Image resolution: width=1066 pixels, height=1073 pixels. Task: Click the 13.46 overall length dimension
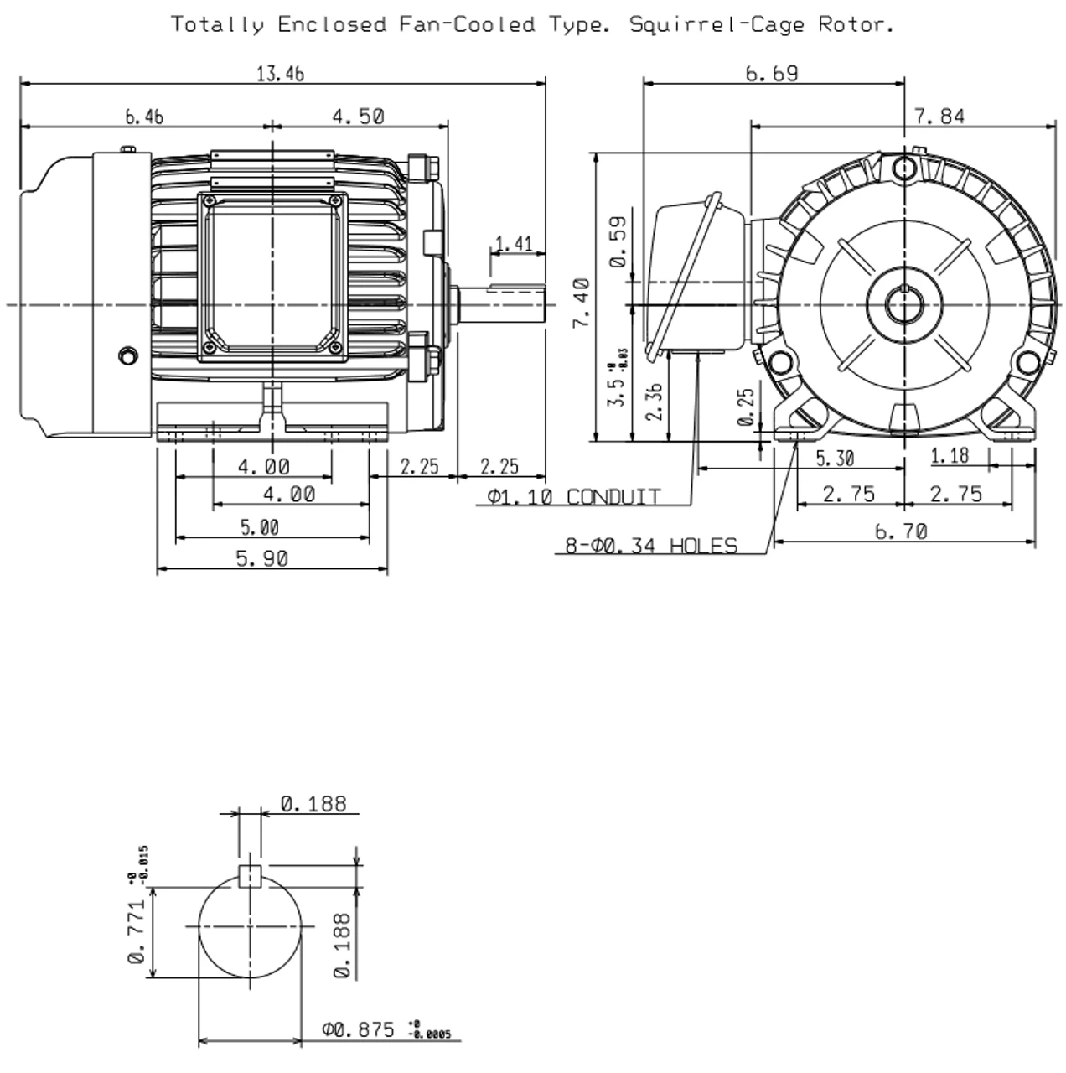[280, 74]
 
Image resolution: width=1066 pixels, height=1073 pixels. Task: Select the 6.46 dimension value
[144, 117]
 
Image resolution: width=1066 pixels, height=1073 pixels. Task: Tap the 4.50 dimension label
[358, 117]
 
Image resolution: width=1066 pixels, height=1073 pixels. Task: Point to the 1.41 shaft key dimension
[514, 244]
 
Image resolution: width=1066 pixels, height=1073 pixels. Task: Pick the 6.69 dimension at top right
[772, 74]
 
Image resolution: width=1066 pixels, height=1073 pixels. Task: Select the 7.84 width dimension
[939, 117]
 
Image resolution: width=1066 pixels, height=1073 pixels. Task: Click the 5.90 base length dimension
[261, 558]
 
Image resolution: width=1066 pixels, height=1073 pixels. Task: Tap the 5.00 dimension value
[259, 527]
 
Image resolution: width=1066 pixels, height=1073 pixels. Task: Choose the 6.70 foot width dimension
[901, 531]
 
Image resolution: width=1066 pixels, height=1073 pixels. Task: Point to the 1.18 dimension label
[949, 456]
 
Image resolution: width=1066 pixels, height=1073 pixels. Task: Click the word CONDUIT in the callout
[613, 497]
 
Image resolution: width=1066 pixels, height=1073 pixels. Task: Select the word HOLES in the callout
[703, 547]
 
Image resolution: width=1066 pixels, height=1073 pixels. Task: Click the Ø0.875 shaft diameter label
[358, 1029]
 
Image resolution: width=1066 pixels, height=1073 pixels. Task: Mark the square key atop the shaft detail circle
[251, 876]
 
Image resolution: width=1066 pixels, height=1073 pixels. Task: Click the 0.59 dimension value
[618, 241]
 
